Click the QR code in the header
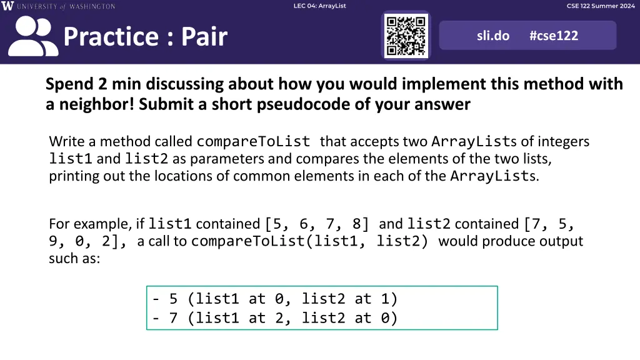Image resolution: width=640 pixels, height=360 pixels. point(406,36)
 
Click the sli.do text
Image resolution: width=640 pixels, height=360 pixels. point(493,36)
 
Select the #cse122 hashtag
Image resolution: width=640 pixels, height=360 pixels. point(554,36)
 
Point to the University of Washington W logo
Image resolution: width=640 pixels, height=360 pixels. point(7,6)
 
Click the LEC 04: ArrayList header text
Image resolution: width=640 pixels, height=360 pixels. point(319,6)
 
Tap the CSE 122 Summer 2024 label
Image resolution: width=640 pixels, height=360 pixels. point(601,6)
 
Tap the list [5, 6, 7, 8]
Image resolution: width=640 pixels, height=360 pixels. point(317,224)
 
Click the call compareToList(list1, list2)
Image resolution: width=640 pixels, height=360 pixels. point(309,241)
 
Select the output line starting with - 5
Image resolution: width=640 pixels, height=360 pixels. point(275,299)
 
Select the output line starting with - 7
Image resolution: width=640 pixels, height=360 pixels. point(275,318)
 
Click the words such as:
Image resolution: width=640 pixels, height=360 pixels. point(74,258)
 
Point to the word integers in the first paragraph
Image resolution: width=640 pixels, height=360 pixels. point(563,142)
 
